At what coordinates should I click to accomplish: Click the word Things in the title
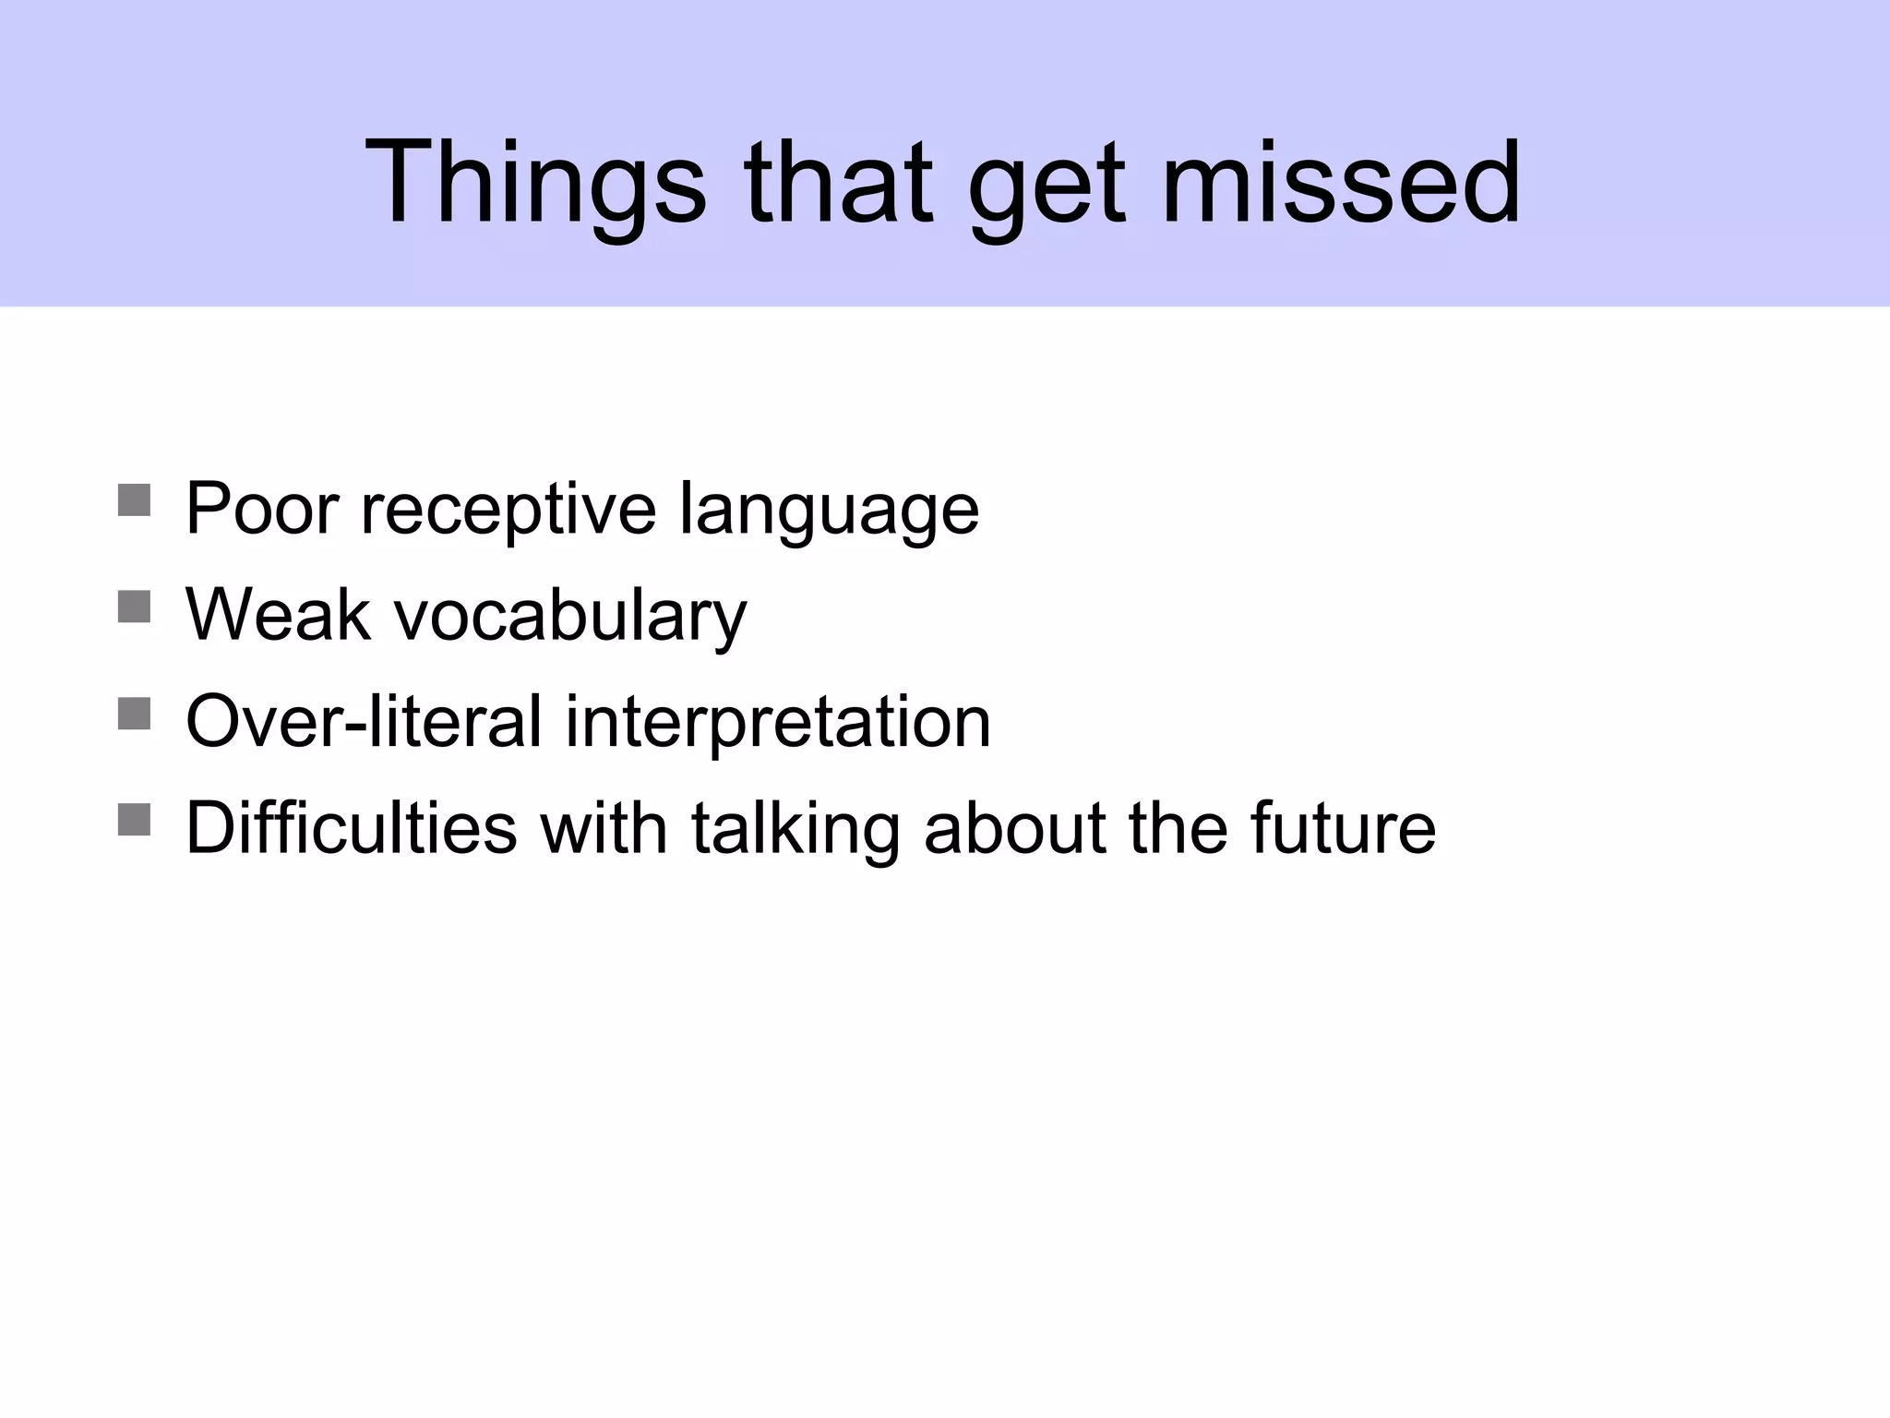click(x=535, y=182)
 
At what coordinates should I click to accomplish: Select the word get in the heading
click(x=1047, y=189)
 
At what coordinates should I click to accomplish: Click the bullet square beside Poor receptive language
click(x=135, y=500)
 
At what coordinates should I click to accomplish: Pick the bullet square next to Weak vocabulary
click(x=135, y=607)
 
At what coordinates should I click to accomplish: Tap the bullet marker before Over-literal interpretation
click(x=135, y=714)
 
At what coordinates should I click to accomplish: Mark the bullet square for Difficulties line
click(x=135, y=820)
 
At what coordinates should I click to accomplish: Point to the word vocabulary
click(x=570, y=617)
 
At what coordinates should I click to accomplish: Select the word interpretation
click(x=777, y=723)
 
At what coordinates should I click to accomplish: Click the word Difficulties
click(x=351, y=827)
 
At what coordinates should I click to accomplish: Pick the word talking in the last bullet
click(x=795, y=829)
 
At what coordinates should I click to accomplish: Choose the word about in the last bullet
click(x=1014, y=827)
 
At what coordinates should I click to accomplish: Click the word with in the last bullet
click(x=604, y=827)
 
